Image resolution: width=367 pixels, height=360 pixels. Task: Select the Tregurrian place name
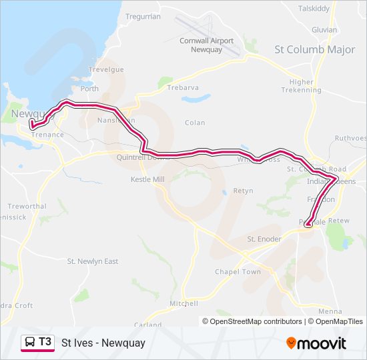click(x=143, y=16)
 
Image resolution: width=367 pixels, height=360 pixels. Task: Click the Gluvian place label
click(x=324, y=29)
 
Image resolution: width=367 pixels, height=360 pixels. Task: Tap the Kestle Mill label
click(x=147, y=180)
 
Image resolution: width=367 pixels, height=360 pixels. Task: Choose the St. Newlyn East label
click(x=93, y=261)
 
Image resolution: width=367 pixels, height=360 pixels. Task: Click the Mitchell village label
click(x=184, y=303)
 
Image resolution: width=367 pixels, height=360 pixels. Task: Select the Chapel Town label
click(x=238, y=272)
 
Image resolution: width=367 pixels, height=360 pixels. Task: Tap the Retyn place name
click(x=243, y=191)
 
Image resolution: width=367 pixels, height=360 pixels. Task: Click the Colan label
click(x=196, y=123)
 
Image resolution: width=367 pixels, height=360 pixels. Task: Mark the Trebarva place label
click(x=183, y=88)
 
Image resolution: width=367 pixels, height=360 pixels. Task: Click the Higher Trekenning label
click(x=302, y=86)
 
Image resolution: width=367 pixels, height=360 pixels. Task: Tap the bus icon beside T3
click(x=30, y=343)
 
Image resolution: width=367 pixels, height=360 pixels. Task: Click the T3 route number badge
click(x=45, y=342)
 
